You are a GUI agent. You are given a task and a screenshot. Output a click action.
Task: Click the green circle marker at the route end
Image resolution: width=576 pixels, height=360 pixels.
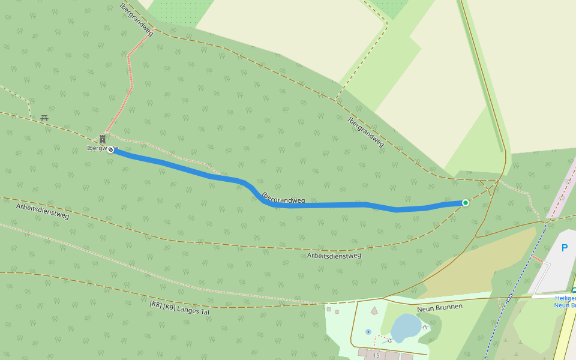(x=465, y=203)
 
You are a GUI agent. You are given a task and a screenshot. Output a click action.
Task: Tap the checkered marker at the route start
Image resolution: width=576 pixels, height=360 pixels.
(x=110, y=149)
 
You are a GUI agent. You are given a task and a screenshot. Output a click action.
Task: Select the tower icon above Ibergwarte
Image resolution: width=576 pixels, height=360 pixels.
(x=103, y=139)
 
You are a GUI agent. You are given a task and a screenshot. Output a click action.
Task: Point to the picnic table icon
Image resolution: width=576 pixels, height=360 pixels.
(x=44, y=118)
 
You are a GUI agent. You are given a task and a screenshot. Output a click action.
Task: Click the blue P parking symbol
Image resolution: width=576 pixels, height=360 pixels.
(x=564, y=248)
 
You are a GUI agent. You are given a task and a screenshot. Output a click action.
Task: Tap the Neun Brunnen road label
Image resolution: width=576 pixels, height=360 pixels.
(x=440, y=307)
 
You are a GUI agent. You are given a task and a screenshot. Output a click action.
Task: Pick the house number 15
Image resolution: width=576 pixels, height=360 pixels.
(x=376, y=356)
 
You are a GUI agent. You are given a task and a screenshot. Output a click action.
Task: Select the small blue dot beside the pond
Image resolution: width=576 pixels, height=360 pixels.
(x=368, y=331)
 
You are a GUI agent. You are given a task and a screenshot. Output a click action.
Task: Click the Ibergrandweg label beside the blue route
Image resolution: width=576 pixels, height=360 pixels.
(x=283, y=197)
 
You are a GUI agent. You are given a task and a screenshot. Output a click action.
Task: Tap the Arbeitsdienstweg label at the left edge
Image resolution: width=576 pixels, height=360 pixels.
(x=43, y=211)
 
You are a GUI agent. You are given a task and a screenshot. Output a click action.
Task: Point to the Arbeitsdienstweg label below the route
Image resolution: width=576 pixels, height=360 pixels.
(x=334, y=256)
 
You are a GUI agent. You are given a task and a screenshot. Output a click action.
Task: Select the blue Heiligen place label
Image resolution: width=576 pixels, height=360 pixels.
(x=565, y=298)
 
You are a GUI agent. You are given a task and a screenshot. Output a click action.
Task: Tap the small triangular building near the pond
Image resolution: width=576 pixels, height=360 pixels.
(x=374, y=310)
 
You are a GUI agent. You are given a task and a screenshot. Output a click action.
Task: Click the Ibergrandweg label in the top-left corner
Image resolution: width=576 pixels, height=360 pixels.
(x=137, y=19)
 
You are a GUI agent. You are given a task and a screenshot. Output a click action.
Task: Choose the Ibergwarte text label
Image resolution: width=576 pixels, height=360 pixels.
(x=96, y=148)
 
